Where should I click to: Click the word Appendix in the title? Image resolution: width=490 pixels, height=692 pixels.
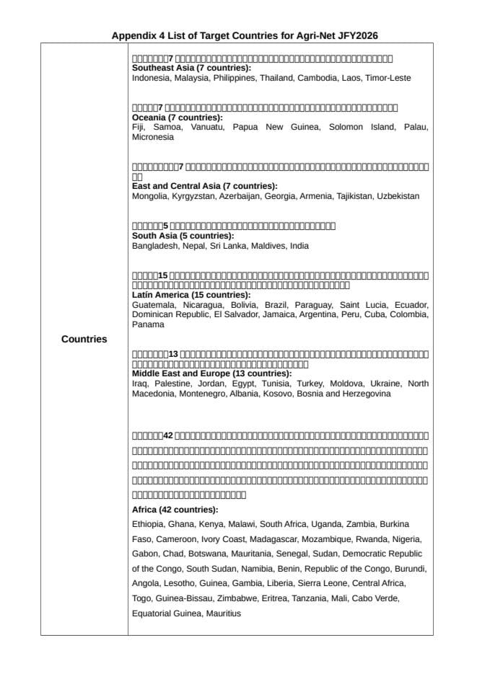point(131,35)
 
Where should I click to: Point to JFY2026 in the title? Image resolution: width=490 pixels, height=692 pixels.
point(356,35)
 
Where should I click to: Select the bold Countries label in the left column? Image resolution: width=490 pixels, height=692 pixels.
point(84,339)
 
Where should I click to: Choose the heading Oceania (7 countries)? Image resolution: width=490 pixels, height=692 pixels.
point(178,117)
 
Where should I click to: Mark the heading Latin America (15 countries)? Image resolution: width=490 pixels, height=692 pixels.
point(191,295)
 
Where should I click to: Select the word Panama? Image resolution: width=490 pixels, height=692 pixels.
point(148,324)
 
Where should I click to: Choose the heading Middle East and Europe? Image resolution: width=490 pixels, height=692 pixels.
point(211,373)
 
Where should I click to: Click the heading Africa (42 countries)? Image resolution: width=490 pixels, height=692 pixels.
point(175,510)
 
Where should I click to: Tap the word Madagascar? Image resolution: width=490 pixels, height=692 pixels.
point(260,538)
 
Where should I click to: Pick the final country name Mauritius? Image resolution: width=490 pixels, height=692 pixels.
point(223,613)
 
